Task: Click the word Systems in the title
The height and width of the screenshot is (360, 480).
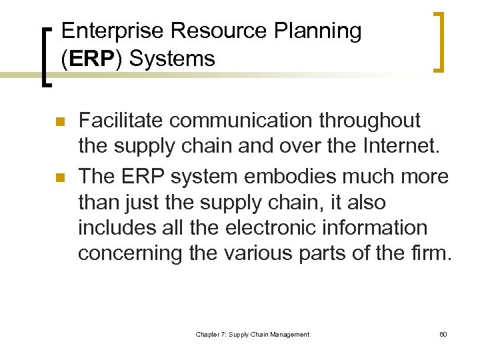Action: [x=172, y=59]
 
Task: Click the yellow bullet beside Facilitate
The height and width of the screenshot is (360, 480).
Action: [x=59, y=122]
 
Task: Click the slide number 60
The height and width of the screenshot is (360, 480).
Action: [x=443, y=334]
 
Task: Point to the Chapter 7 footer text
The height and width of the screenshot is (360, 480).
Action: [x=252, y=334]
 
